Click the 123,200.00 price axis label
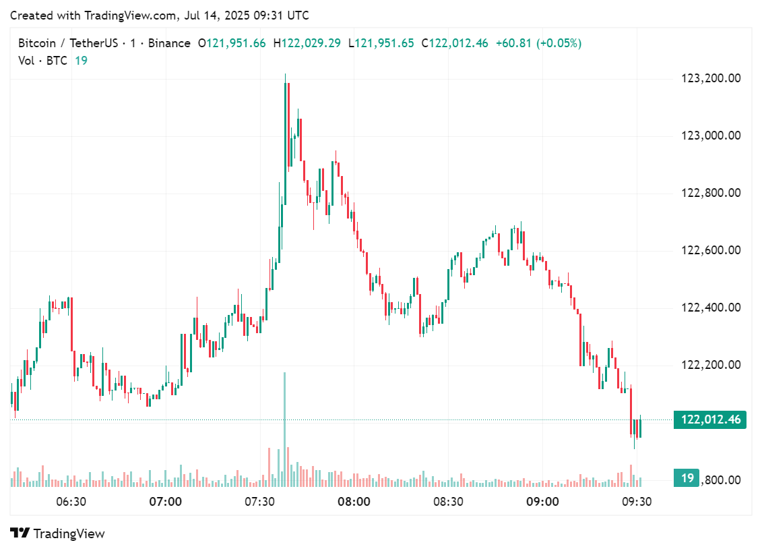coord(711,78)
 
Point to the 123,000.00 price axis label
coord(711,136)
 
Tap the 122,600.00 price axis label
coord(711,250)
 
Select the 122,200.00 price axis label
coord(711,365)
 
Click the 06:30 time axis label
coord(71,502)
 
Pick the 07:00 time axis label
coord(165,502)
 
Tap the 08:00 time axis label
coord(354,502)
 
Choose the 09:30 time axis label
coord(637,502)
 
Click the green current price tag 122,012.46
coord(710,419)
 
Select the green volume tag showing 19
coord(687,478)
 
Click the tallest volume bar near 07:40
coord(285,432)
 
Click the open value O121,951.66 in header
coord(231,43)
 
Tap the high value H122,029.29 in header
coord(307,43)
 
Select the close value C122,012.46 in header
coord(455,43)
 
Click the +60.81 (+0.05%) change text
coord(538,43)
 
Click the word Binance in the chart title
coord(169,43)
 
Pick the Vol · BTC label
coord(43,61)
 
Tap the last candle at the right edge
coord(640,428)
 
